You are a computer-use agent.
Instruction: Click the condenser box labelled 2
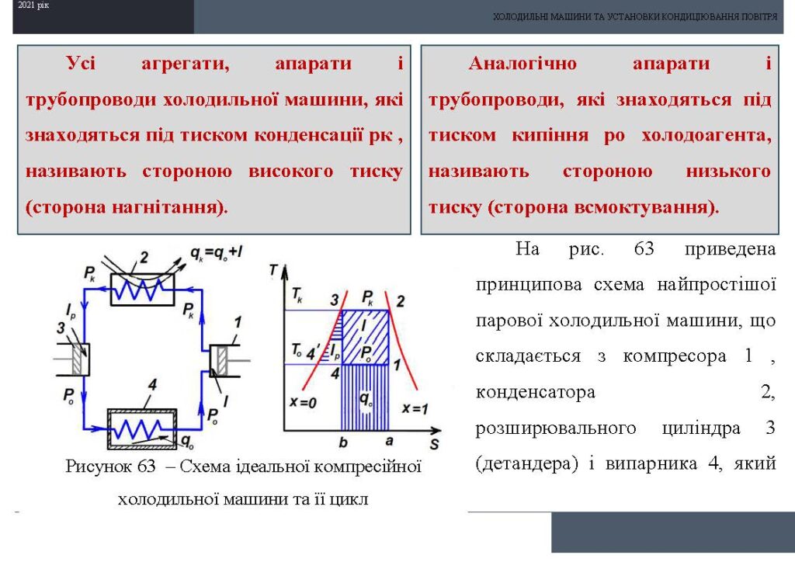(x=143, y=290)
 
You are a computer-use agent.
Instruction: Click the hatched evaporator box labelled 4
(x=142, y=429)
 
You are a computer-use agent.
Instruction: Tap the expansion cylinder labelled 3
(x=79, y=359)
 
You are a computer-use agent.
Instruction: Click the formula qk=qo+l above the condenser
(x=216, y=252)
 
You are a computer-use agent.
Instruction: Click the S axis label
(x=434, y=445)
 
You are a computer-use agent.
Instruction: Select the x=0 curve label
(x=303, y=403)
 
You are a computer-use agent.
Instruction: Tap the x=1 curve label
(x=415, y=408)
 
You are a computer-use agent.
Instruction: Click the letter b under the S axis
(x=343, y=442)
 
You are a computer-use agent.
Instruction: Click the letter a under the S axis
(x=389, y=441)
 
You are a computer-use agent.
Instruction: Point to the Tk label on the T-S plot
(x=297, y=295)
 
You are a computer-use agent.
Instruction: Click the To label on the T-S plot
(x=297, y=350)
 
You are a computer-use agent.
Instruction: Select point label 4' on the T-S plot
(x=313, y=352)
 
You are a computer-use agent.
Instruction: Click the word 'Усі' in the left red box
(x=81, y=64)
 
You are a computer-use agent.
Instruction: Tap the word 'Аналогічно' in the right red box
(x=522, y=64)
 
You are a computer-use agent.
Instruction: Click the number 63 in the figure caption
(x=146, y=466)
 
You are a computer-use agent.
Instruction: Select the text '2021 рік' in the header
(x=33, y=5)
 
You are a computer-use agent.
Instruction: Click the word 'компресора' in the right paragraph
(x=675, y=356)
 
